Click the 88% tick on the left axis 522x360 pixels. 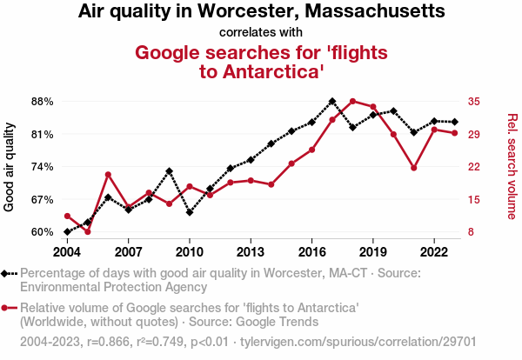[x=41, y=102]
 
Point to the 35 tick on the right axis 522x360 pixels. [x=473, y=102]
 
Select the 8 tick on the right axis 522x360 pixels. [x=470, y=232]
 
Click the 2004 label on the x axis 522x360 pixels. [x=67, y=252]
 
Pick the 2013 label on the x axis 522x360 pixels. [x=251, y=252]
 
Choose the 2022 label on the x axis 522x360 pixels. [x=434, y=252]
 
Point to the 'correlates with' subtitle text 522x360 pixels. [x=261, y=33]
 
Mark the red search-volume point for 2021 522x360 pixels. [x=414, y=168]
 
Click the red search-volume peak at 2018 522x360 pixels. [x=352, y=101]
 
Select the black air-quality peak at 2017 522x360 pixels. [x=332, y=101]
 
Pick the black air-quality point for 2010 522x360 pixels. [x=190, y=212]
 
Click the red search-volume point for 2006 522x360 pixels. [x=108, y=175]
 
